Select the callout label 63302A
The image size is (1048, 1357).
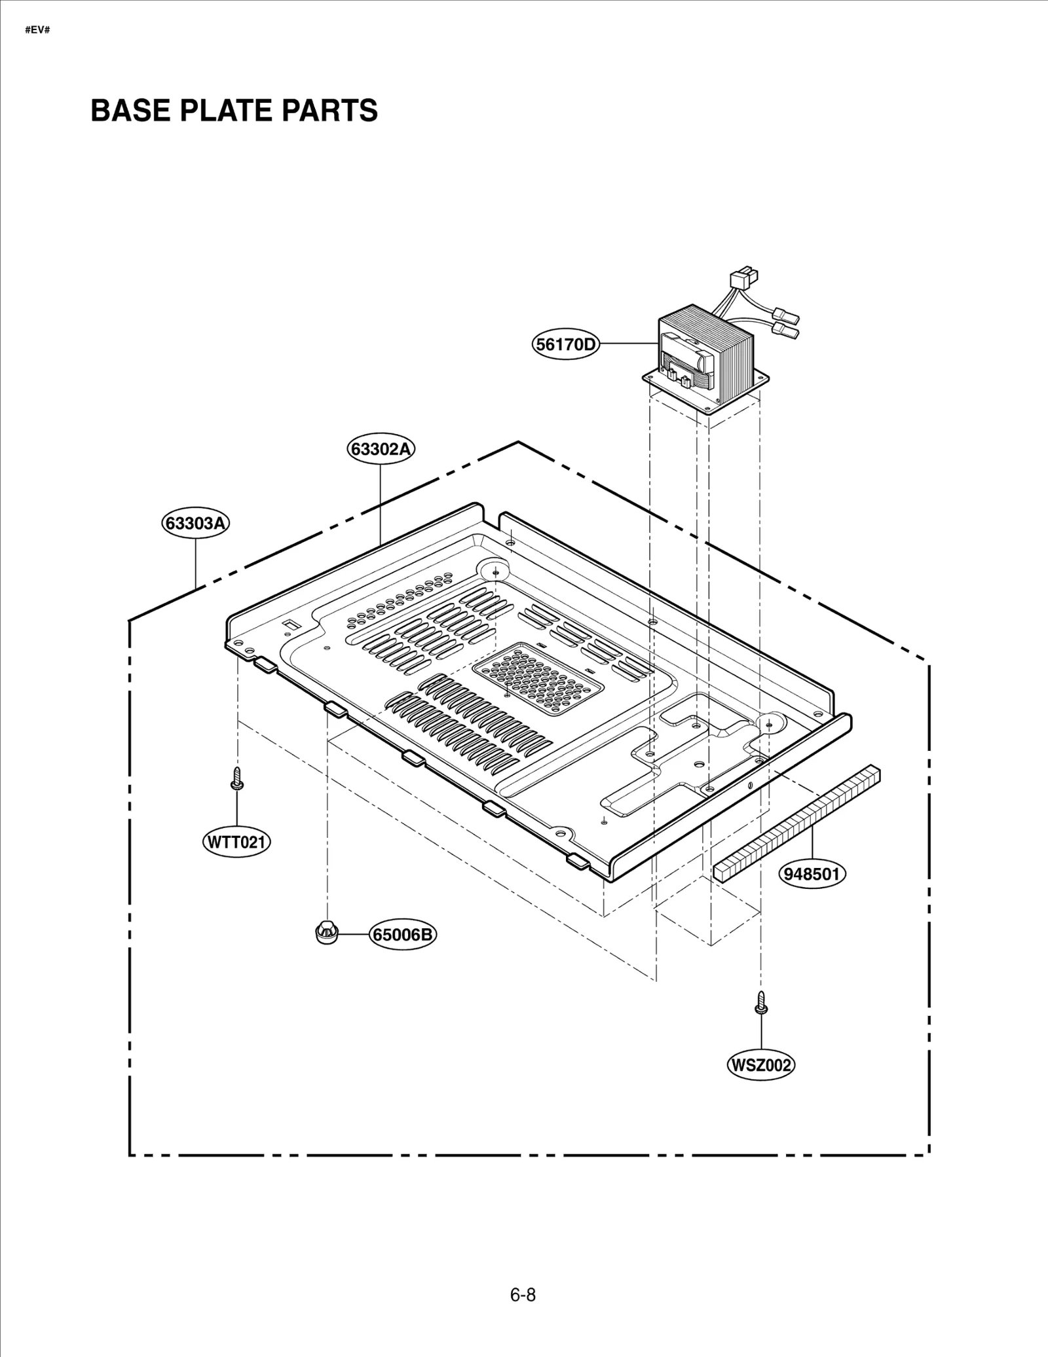point(381,449)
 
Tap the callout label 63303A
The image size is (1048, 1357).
point(196,524)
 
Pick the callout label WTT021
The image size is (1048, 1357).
point(236,842)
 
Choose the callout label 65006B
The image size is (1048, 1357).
point(402,934)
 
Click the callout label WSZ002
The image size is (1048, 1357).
point(760,1065)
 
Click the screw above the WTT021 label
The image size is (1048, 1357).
point(236,778)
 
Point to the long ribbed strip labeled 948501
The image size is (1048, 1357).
point(796,823)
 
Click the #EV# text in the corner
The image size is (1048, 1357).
point(37,31)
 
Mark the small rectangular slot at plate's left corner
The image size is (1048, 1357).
point(288,626)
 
